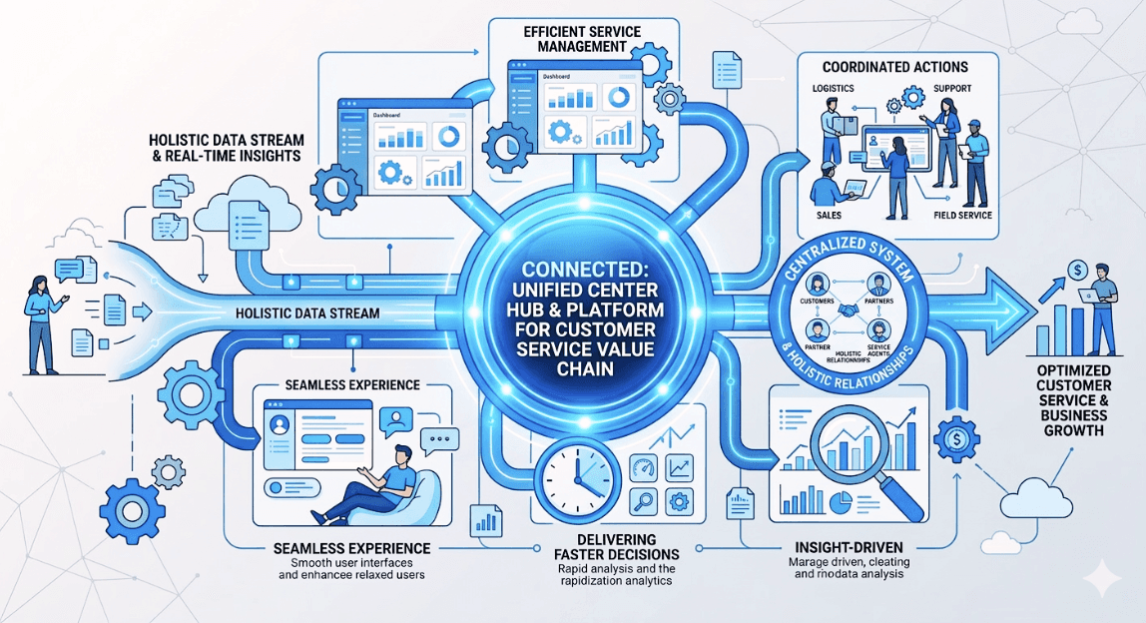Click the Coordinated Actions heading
coord(894,67)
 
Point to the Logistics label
coord(833,88)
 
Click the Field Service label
coord(961,215)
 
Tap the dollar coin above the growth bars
coord(1076,269)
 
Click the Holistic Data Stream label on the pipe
coord(307,312)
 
